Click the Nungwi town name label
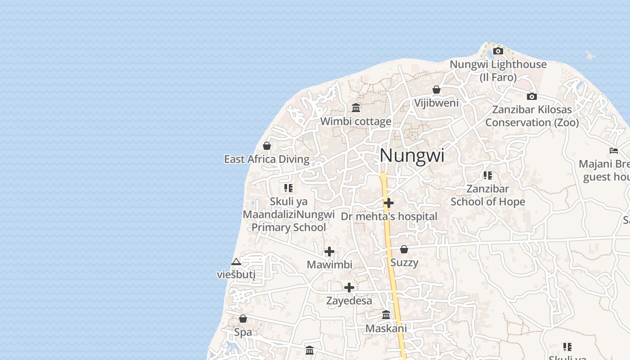click(x=412, y=156)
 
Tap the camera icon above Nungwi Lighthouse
click(x=498, y=51)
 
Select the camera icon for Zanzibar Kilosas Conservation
click(x=531, y=96)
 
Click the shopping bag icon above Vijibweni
click(x=436, y=90)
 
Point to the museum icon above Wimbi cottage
click(x=356, y=108)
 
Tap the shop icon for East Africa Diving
click(x=267, y=146)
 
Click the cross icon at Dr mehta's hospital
click(x=389, y=203)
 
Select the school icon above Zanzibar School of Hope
click(x=488, y=175)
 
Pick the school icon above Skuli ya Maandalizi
click(x=288, y=188)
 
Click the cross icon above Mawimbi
click(x=329, y=251)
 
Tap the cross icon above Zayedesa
click(x=349, y=287)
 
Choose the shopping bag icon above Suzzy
click(x=404, y=249)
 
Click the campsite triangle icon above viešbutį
click(x=236, y=261)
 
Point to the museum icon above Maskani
click(x=386, y=315)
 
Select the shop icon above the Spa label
click(x=243, y=319)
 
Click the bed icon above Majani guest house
click(x=614, y=150)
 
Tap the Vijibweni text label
click(x=436, y=103)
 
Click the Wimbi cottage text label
click(x=355, y=121)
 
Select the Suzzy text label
click(x=404, y=262)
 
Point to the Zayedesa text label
click(x=349, y=301)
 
